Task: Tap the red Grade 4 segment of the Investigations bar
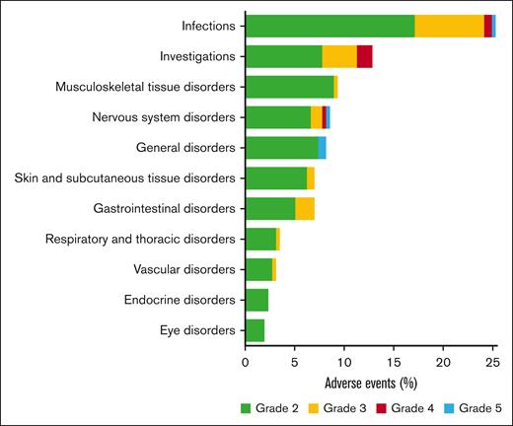pyautogui.click(x=364, y=57)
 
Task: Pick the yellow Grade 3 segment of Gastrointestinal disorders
pyautogui.click(x=305, y=209)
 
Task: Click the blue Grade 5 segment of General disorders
pyautogui.click(x=322, y=148)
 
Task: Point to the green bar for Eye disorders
pyautogui.click(x=255, y=330)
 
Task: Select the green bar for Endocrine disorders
pyautogui.click(x=256, y=300)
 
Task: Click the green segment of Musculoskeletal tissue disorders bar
pyautogui.click(x=289, y=88)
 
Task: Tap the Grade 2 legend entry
pyautogui.click(x=269, y=407)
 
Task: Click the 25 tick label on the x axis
pyautogui.click(x=491, y=362)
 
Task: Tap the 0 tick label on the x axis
pyautogui.click(x=246, y=362)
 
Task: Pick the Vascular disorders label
pyautogui.click(x=184, y=269)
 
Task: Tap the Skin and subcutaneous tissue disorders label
pyautogui.click(x=125, y=178)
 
